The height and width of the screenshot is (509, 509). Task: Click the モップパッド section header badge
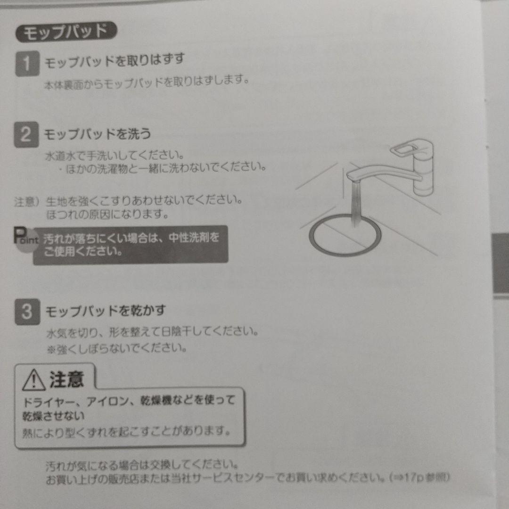point(66,32)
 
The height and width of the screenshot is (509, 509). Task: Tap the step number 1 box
point(28,63)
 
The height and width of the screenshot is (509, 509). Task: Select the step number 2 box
point(26,134)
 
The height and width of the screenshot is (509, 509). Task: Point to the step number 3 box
point(27,312)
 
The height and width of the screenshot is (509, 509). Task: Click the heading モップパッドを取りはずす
point(115,61)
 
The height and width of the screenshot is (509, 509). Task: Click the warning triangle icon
point(34,380)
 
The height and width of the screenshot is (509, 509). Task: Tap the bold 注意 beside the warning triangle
point(67,379)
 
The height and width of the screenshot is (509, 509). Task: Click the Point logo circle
point(26,240)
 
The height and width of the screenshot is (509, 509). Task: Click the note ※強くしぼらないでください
point(117,349)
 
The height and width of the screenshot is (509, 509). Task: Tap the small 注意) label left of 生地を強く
point(26,202)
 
